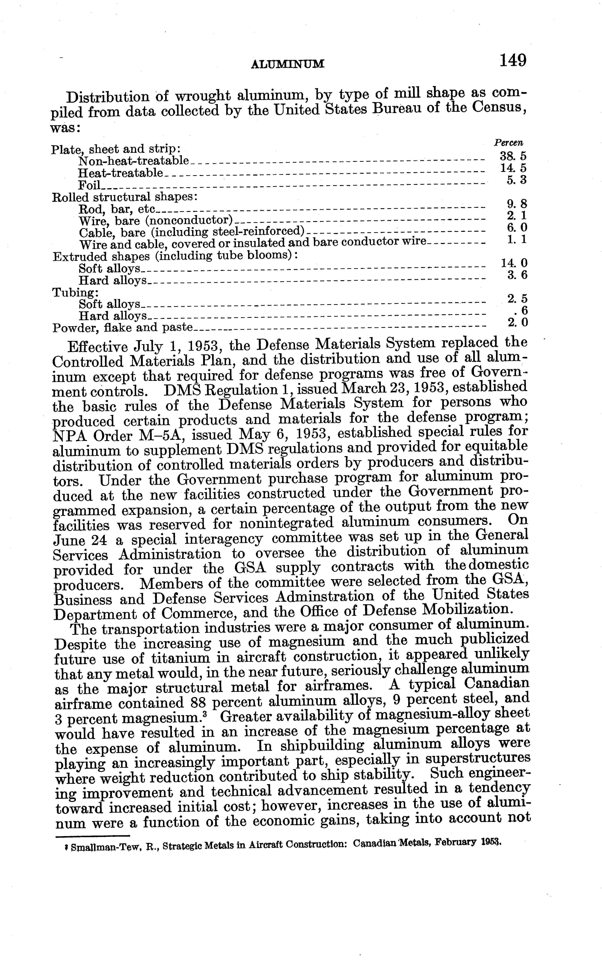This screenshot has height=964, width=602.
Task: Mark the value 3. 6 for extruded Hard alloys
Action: [x=517, y=275]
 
